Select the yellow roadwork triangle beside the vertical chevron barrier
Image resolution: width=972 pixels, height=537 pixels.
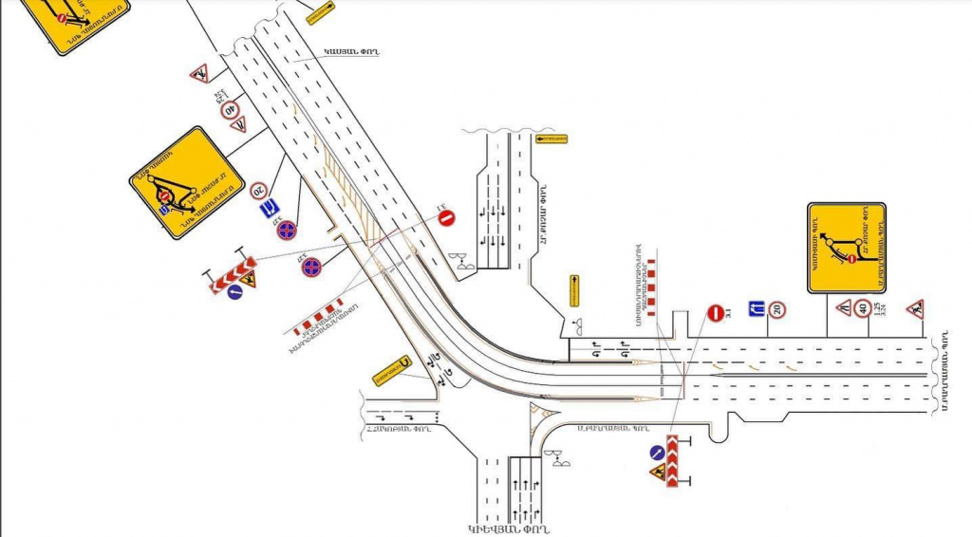pos(657,472)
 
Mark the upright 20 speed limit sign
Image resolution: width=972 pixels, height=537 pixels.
pos(776,309)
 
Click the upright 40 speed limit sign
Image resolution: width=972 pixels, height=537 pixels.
pos(863,307)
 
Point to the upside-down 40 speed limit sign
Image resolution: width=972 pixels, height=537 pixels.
pos(230,110)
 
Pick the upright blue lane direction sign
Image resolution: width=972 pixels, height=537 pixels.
pos(757,308)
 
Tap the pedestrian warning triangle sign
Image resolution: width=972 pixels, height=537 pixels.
pos(915,308)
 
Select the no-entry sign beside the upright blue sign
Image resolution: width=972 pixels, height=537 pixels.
pos(714,312)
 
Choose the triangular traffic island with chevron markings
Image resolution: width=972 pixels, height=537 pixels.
pos(543,414)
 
